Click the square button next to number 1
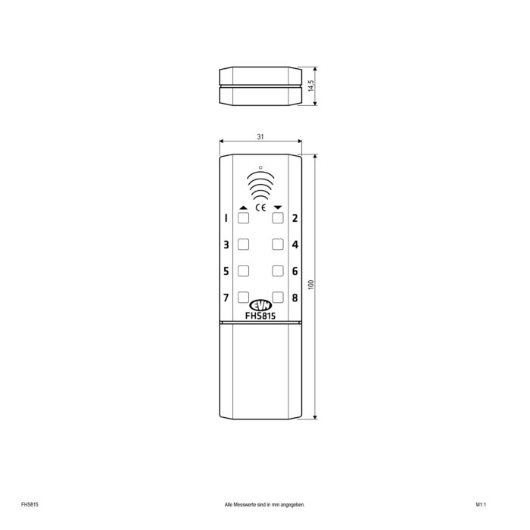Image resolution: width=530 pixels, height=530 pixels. point(243,218)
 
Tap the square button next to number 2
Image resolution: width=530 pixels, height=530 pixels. point(278,218)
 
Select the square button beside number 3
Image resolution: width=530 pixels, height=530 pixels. point(243,245)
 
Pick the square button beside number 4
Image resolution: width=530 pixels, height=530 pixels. point(278,245)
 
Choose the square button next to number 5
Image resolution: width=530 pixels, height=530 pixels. point(243,271)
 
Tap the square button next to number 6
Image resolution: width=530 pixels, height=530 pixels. point(278,271)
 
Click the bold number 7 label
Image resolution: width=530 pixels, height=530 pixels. point(226,298)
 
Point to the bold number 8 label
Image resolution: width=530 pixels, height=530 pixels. point(295,298)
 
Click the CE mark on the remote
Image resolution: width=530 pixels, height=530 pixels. point(260,207)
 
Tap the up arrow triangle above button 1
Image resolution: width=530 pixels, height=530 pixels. point(243,207)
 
